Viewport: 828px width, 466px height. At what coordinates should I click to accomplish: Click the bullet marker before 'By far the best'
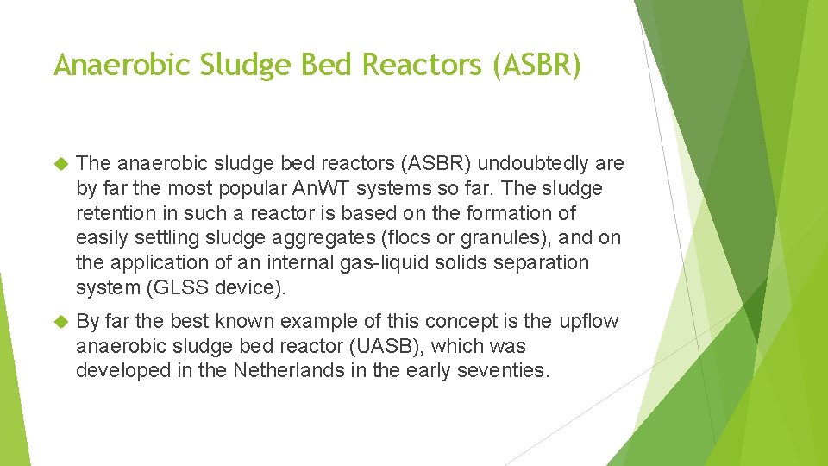point(60,322)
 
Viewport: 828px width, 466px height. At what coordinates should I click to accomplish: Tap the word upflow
point(589,322)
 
